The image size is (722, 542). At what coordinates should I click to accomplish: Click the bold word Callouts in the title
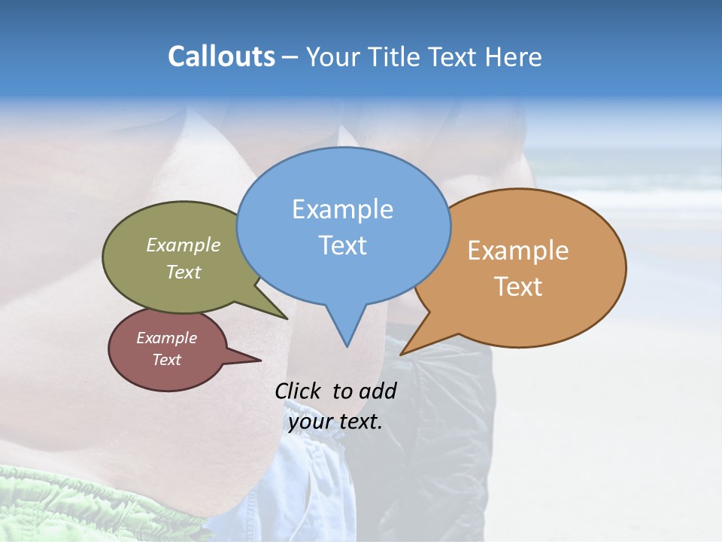(x=221, y=56)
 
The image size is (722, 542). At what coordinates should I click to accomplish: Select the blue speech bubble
(x=343, y=226)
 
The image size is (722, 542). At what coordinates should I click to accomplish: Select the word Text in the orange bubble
(x=518, y=287)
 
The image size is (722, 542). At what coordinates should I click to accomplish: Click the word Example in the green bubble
(x=184, y=245)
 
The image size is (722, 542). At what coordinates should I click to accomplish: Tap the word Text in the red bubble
(x=167, y=360)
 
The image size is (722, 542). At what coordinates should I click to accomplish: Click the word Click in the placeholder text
(x=299, y=391)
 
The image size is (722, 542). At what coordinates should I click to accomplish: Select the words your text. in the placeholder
(x=335, y=422)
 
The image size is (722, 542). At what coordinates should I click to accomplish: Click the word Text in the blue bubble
(x=343, y=245)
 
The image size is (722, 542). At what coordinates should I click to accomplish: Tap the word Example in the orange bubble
(x=518, y=251)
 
